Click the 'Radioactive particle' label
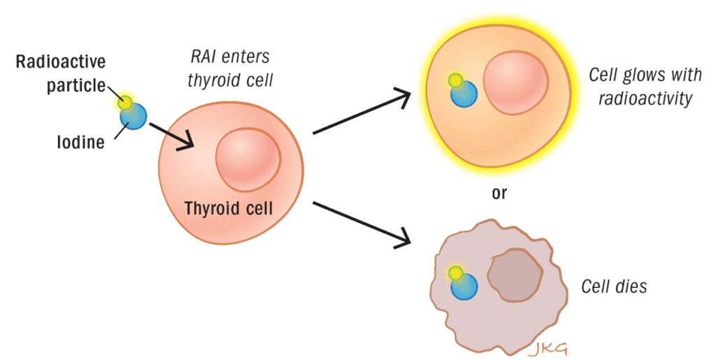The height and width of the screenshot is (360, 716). click(61, 74)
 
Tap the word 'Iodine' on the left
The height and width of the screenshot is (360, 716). click(80, 143)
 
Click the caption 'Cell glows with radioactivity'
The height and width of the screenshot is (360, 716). click(639, 86)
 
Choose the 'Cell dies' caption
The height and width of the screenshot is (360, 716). click(615, 287)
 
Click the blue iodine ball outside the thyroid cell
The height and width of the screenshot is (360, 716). click(134, 117)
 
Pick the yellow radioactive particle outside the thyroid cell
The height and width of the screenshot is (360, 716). click(126, 103)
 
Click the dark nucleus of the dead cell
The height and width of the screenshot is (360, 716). click(515, 277)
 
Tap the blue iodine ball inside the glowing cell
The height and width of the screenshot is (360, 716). click(464, 94)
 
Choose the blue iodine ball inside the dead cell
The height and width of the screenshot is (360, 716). click(464, 287)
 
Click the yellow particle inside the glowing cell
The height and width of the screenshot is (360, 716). click(456, 80)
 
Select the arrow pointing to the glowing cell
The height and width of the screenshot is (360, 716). click(360, 112)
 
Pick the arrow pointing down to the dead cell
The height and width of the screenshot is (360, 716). click(360, 224)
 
